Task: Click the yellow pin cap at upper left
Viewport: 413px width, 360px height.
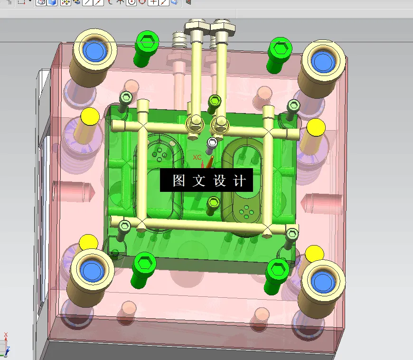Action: point(89,116)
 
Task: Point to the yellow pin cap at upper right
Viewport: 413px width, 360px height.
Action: point(316,127)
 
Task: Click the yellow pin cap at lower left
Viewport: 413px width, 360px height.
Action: point(88,242)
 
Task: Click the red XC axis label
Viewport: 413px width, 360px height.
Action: point(197,157)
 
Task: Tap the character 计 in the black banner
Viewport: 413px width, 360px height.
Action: point(240,181)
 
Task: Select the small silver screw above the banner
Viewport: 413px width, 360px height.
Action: point(212,142)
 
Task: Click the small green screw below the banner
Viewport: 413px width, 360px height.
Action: point(213,203)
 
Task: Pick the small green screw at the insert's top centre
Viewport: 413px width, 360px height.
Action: point(215,101)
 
